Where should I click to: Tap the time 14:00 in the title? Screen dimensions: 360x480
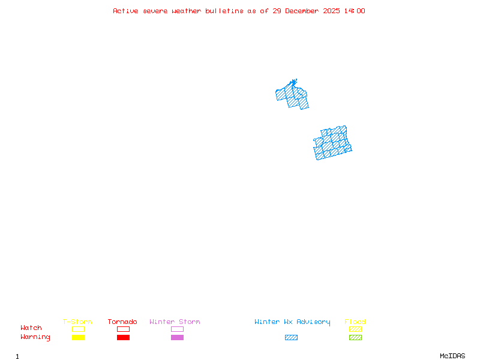pos(355,11)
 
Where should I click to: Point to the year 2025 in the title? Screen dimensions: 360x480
pos(332,11)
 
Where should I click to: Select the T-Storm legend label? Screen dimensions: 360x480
pos(77,322)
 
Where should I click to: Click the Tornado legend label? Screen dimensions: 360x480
pos(122,322)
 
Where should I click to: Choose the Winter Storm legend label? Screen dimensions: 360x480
pos(175,322)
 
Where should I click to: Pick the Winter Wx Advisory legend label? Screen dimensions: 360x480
pos(292,322)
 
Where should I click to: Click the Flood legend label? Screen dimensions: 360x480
pos(355,322)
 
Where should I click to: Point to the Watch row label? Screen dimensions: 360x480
pos(31,328)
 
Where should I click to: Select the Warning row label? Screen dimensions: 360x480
pos(35,337)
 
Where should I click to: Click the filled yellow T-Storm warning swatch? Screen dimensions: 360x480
pos(78,338)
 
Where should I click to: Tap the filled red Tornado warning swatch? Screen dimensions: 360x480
pos(123,338)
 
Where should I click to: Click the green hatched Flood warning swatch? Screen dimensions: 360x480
pos(355,338)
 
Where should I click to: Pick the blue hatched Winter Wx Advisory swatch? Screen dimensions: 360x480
pos(291,338)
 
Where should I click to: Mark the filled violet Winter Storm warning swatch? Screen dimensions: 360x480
pos(177,338)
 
